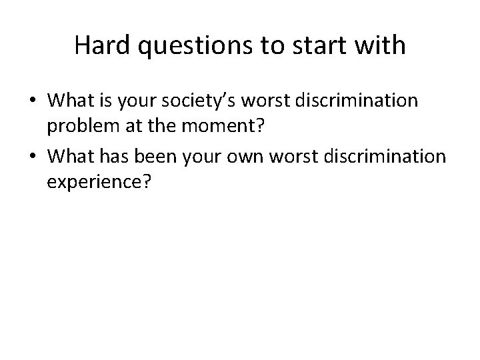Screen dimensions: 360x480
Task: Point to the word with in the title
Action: [381, 45]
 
